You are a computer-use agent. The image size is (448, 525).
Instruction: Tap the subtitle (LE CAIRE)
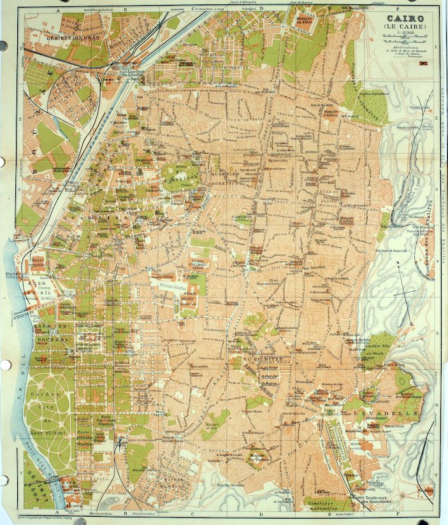(405, 27)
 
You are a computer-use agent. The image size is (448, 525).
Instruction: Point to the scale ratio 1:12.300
(405, 34)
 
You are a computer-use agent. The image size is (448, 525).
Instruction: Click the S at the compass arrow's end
(412, 325)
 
